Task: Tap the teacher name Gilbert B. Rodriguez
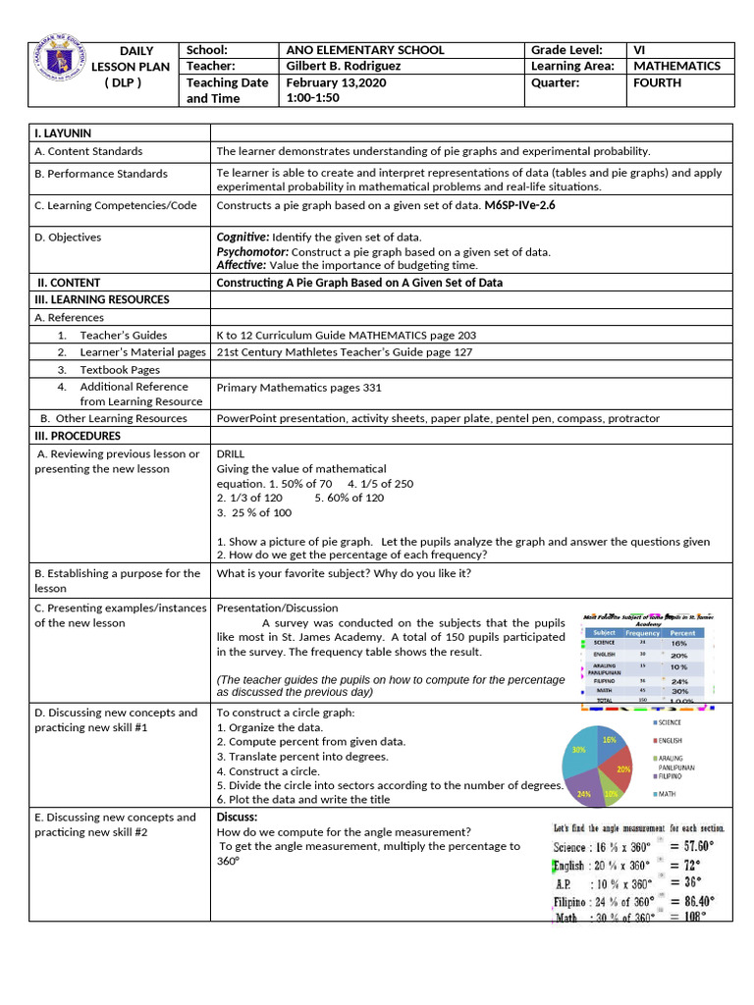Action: point(344,66)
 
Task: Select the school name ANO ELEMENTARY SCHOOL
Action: point(364,50)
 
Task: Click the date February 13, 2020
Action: point(336,82)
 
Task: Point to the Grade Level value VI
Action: point(642,50)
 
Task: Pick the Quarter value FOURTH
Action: point(657,82)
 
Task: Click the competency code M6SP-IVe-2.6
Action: point(519,206)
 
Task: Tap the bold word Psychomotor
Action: point(251,251)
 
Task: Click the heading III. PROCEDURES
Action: point(78,436)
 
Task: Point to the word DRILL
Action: point(230,453)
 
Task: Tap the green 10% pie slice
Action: point(611,793)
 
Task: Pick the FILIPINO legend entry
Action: point(674,775)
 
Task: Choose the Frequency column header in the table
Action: point(642,633)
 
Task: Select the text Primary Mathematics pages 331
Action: point(298,388)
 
